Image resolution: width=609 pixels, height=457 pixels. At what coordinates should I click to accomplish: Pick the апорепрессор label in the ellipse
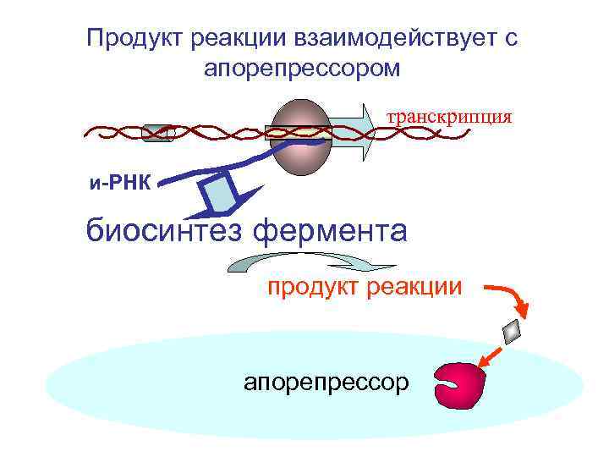click(x=326, y=383)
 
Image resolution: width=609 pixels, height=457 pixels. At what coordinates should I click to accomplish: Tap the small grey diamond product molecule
click(x=513, y=332)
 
